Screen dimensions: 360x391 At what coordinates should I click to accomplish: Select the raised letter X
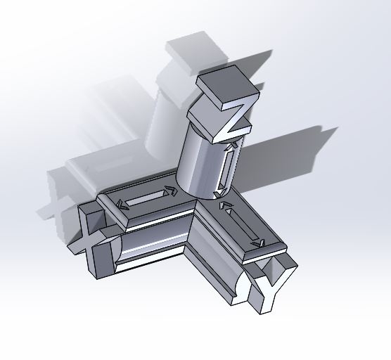(x=91, y=236)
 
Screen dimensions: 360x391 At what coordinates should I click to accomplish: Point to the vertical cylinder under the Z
(x=200, y=158)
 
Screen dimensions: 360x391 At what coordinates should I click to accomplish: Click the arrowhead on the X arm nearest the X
(x=123, y=205)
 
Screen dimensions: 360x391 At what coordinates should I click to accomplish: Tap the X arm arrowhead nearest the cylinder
(x=169, y=190)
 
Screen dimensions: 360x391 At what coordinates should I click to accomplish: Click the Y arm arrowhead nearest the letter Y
(x=259, y=243)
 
